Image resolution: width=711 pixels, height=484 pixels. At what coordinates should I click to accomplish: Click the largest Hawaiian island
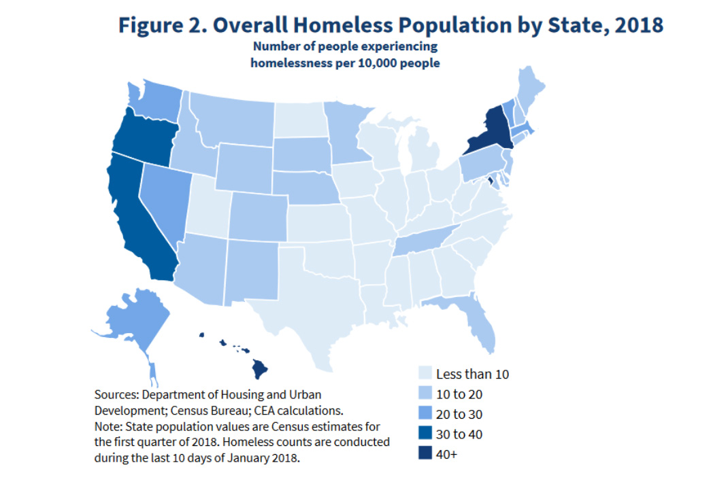[260, 369]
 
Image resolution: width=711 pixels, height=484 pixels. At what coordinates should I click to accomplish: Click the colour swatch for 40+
[425, 453]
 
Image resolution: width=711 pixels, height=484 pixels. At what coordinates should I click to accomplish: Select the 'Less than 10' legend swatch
[425, 373]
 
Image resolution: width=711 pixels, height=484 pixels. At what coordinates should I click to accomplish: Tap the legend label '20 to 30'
[459, 414]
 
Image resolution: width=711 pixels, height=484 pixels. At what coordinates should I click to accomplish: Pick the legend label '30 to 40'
[459, 434]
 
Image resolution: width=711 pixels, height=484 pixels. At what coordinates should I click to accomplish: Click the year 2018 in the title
[639, 25]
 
